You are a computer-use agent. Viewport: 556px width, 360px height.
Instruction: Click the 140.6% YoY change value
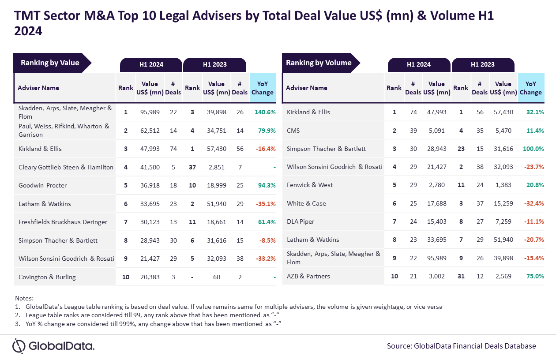coord(265,112)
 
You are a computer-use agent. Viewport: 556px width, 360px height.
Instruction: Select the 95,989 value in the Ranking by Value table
coord(150,112)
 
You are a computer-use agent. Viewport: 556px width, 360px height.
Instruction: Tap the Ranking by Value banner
coord(53,63)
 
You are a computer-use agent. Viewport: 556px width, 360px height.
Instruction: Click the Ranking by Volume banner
coord(321,63)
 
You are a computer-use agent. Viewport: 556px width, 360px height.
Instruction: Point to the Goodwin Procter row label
coord(43,185)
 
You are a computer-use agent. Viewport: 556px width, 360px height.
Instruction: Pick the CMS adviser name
coord(293,131)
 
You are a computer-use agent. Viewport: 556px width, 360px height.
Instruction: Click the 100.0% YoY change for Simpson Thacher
coord(533,149)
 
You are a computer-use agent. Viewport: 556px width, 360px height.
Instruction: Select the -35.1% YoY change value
coord(266,204)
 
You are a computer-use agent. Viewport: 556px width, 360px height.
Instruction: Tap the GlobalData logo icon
coord(19,346)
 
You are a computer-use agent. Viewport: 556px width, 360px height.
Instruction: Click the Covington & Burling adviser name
coord(47,277)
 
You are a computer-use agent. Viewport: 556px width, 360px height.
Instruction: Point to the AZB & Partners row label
coord(308,276)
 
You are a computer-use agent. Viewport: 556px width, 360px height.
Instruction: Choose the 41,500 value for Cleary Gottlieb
coord(150,167)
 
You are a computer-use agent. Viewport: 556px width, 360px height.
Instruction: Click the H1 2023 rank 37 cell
coord(192,167)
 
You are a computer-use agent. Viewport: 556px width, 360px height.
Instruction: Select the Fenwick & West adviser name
coord(310,185)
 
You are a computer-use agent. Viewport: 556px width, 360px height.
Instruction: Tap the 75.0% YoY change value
coord(535,276)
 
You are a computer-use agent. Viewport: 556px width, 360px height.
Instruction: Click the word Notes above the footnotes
coord(24,298)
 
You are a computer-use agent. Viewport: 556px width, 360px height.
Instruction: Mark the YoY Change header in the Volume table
coord(531,88)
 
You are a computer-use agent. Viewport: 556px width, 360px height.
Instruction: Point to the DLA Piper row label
coord(301,221)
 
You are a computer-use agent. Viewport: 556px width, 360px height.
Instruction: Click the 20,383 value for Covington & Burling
coord(150,277)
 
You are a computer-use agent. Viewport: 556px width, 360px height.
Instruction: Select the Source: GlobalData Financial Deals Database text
coord(462,346)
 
